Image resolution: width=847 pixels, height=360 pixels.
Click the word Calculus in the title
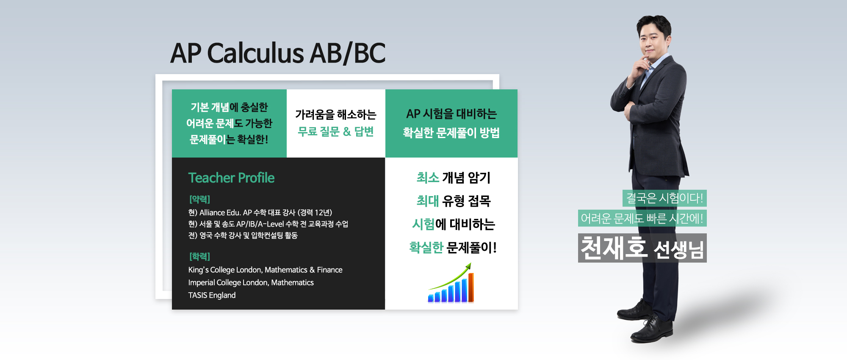(x=255, y=53)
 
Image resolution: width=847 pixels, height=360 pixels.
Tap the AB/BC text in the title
(x=348, y=53)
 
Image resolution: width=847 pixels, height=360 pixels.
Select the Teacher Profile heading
(x=231, y=178)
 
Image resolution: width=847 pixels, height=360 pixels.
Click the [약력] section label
(x=199, y=199)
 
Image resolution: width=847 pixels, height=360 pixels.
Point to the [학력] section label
(x=199, y=256)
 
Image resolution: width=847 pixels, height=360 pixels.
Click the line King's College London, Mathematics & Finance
(x=265, y=270)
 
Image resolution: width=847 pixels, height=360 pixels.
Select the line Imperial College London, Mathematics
(x=251, y=282)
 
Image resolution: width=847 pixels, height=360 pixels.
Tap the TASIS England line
(x=212, y=295)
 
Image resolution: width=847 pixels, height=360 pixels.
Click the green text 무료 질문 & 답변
(x=335, y=132)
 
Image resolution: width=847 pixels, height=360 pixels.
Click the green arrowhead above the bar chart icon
(x=468, y=266)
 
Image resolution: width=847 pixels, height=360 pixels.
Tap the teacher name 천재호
(x=614, y=248)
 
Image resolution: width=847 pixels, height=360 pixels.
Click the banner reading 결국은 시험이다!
(x=664, y=198)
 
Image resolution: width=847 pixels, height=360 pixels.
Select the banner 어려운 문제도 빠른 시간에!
(x=642, y=219)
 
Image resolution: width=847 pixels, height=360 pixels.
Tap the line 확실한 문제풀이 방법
(x=451, y=133)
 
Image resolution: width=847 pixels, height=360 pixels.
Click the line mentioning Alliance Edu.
(x=260, y=213)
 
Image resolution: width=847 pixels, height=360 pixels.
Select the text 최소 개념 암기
(x=453, y=178)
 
